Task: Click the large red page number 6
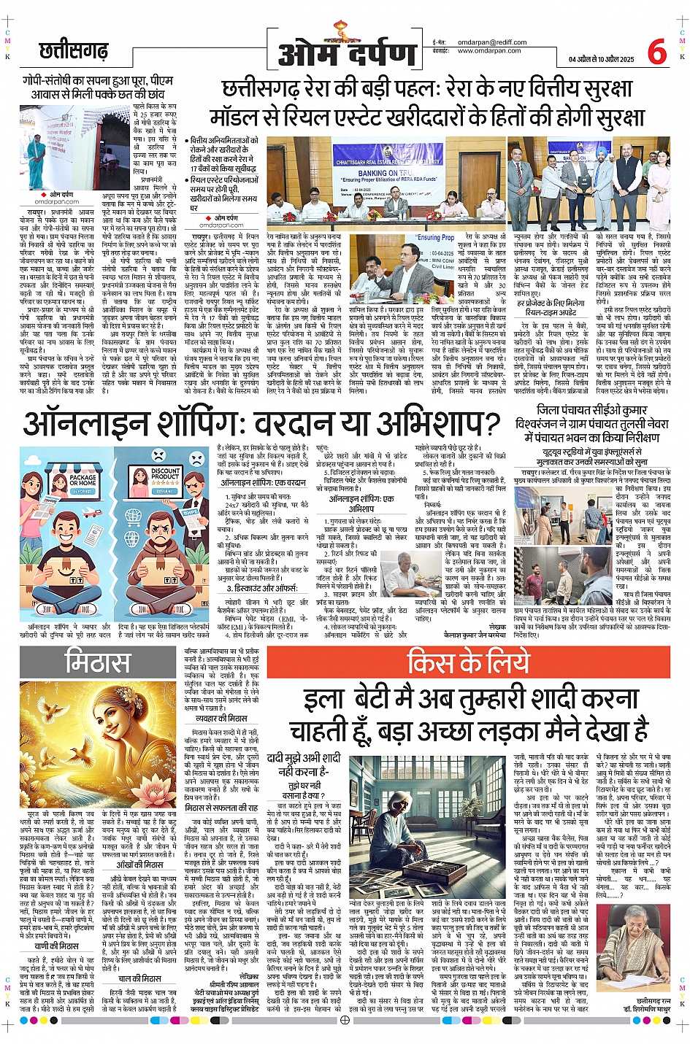(656, 52)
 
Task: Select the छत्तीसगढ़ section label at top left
(73, 51)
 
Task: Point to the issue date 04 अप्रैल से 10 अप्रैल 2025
(601, 59)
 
